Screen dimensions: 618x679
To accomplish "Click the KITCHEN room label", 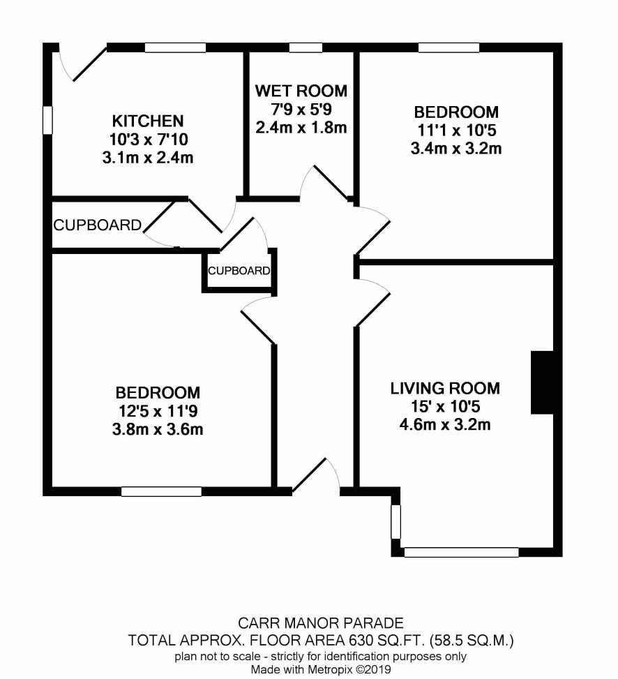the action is coord(148,121).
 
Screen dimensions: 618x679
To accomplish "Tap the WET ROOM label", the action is coord(301,91).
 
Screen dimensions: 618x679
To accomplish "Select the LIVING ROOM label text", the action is coord(445,389).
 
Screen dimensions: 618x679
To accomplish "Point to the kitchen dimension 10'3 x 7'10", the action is coord(149,140).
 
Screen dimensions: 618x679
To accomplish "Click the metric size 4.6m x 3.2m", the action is coord(445,425).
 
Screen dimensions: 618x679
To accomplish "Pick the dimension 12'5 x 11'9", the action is coord(158,410).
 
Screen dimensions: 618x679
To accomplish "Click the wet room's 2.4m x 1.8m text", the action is coord(301,128).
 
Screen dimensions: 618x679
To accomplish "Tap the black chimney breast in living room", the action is coord(542,382).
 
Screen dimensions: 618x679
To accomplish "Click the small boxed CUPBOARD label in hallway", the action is coord(239,271).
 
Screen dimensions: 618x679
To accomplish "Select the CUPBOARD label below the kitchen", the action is coord(98,225).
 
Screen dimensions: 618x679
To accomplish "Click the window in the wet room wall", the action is coord(306,47).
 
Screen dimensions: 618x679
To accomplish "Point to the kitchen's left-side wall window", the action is coord(47,120).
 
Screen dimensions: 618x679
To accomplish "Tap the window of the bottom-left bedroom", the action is coord(161,491).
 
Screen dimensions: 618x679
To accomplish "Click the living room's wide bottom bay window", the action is coord(461,552).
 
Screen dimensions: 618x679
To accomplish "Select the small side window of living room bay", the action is coord(396,522).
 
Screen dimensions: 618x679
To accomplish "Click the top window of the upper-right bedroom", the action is coord(449,47).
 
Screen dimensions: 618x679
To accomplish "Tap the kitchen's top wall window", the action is coord(175,47).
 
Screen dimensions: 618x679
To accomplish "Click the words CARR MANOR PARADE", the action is coord(321,623).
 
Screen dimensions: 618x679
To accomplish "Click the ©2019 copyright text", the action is coord(373,669).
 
